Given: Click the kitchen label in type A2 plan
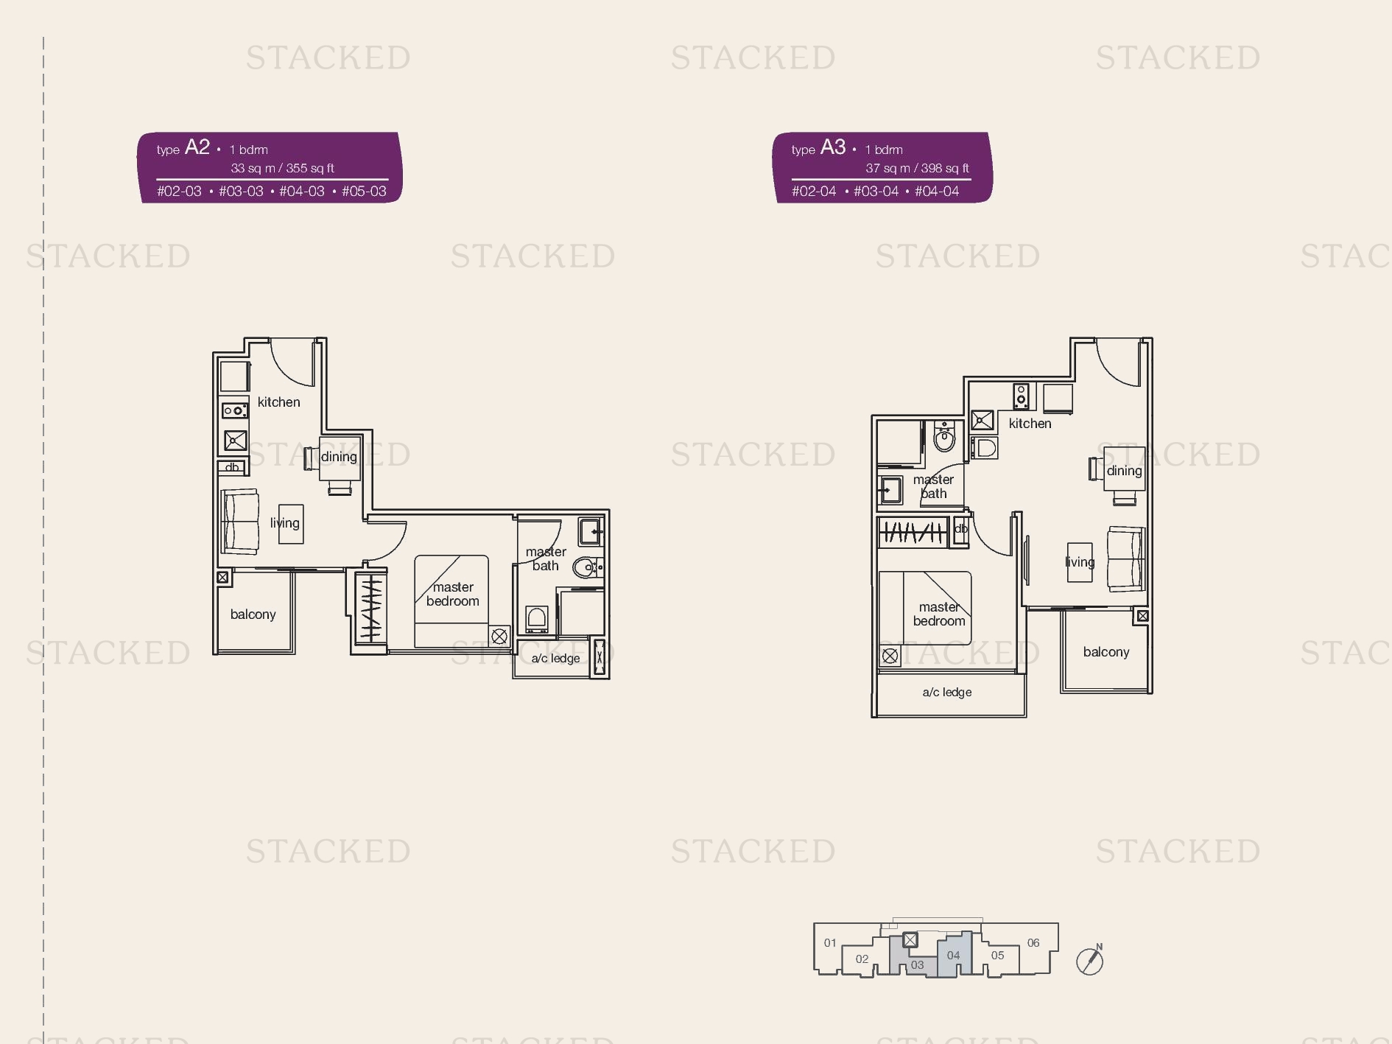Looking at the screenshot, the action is [x=278, y=402].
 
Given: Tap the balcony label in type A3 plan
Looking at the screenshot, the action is [x=1105, y=652].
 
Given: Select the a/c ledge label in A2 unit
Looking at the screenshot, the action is [x=555, y=658].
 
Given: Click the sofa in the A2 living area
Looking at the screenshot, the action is [x=240, y=522].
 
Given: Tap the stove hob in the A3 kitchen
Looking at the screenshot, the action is [x=1021, y=396].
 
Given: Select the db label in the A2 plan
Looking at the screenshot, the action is [x=232, y=467].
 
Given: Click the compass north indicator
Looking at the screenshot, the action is [x=1090, y=960].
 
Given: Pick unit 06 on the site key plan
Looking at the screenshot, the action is [x=1033, y=942].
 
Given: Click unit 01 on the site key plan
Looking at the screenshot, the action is [x=830, y=942].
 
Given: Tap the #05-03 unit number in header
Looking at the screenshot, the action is [x=364, y=192].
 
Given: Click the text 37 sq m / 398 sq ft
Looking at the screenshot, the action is [x=917, y=168].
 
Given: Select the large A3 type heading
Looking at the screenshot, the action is [x=833, y=147].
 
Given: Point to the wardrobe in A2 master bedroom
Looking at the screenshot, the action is [x=370, y=608].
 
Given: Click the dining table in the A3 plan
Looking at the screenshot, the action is [x=1124, y=469].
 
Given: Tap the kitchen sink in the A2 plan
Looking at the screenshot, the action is [x=235, y=441].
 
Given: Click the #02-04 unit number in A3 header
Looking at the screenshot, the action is [x=814, y=192].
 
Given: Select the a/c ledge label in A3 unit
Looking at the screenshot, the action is [x=947, y=692].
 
